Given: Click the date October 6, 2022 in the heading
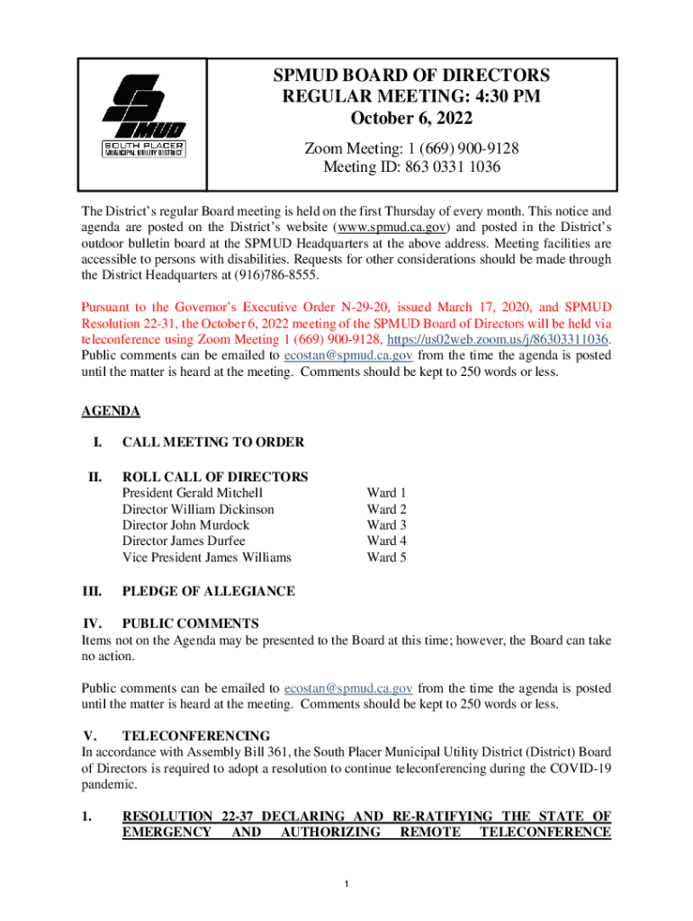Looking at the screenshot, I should click(411, 119).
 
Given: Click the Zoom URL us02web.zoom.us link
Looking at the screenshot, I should click(523, 364).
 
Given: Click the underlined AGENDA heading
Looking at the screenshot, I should click(111, 411).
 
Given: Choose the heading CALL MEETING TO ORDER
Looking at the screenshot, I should click(212, 442).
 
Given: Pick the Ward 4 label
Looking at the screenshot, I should click(386, 541).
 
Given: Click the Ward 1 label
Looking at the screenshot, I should click(386, 493).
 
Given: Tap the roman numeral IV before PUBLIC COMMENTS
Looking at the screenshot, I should click(91, 623).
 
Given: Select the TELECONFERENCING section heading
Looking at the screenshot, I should click(195, 736).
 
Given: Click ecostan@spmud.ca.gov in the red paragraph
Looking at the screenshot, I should click(348, 380).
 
